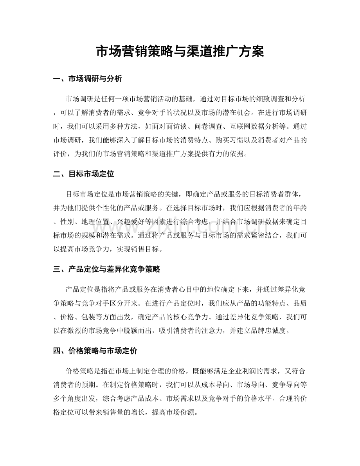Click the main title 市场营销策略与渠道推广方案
pos(180,52)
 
